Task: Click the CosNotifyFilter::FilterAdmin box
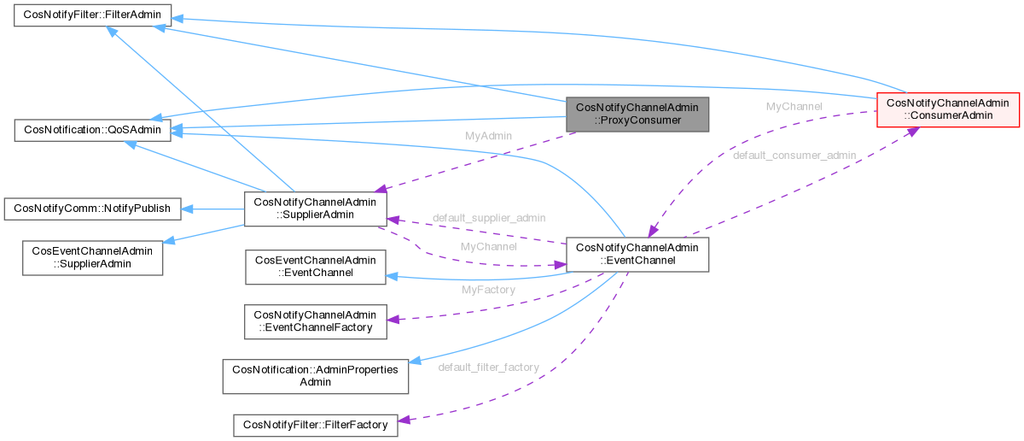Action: (92, 15)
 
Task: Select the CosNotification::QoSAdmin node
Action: (92, 131)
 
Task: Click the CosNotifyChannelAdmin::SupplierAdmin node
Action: (315, 208)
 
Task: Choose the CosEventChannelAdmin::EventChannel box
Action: (315, 267)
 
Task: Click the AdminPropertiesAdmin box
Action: (315, 375)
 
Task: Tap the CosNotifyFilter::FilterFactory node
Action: (315, 424)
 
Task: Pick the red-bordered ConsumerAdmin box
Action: (948, 109)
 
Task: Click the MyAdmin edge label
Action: (487, 137)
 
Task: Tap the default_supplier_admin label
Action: (489, 218)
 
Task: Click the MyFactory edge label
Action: (488, 291)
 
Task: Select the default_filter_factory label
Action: (488, 367)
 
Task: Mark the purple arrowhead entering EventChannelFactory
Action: (392, 320)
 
